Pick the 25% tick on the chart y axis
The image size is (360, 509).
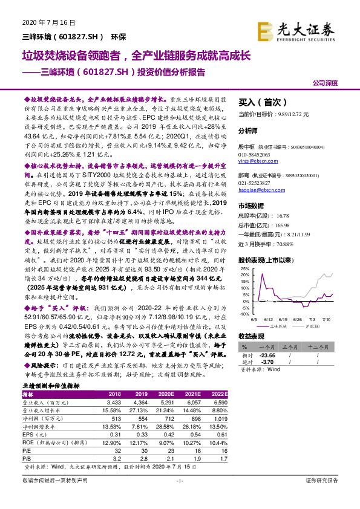[244, 268]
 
